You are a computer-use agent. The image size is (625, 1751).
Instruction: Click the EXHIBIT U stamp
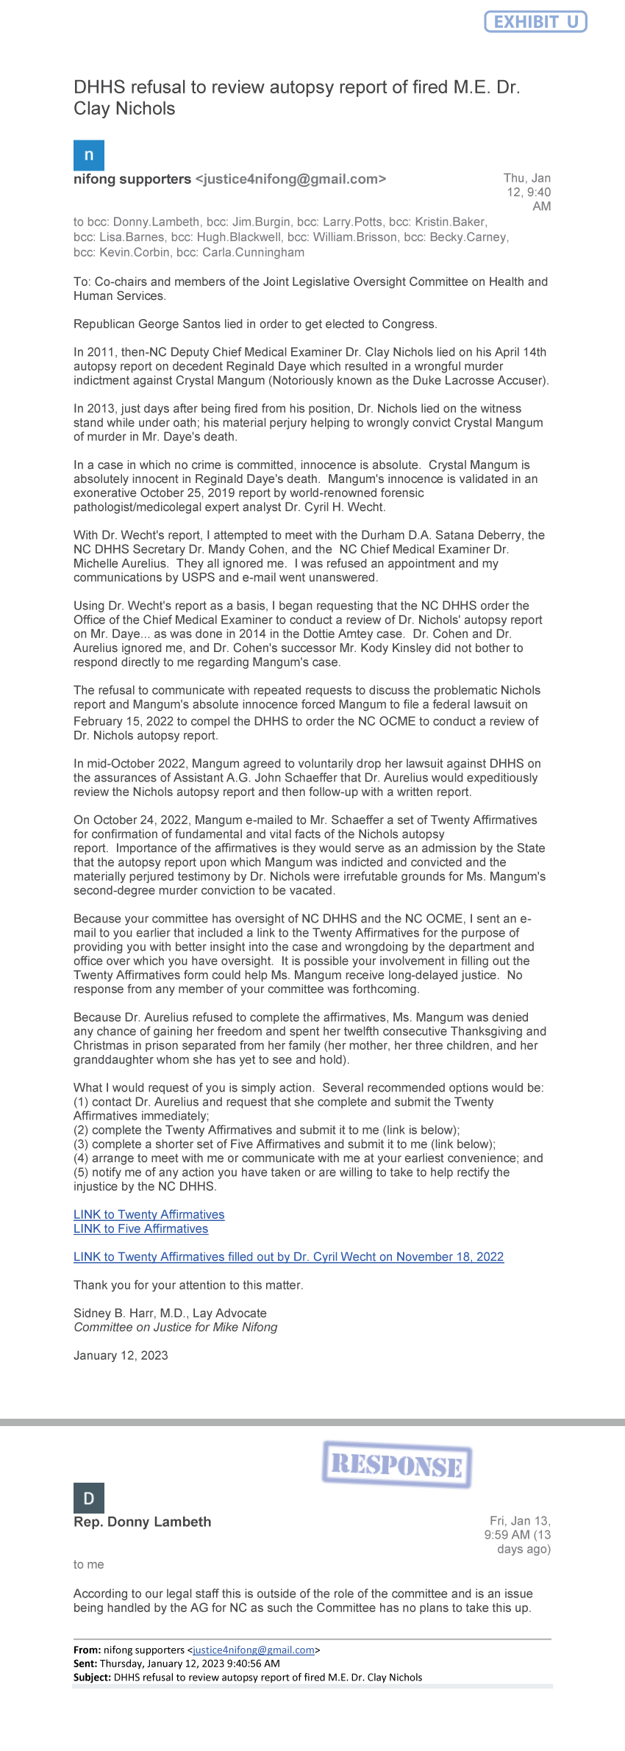[535, 22]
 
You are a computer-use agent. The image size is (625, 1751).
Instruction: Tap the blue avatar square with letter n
[89, 155]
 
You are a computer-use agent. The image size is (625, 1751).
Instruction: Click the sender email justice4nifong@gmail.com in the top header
[290, 179]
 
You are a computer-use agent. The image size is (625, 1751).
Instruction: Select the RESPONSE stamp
[397, 1465]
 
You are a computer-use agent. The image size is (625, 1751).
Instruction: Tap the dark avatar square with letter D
[89, 1498]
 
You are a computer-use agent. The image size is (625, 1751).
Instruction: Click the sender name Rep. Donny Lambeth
[142, 1522]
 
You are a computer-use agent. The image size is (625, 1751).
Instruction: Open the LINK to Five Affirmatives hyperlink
[140, 1228]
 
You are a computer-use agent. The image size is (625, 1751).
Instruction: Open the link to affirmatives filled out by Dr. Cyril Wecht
[288, 1256]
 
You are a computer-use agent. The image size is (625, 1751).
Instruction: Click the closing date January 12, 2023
[121, 1355]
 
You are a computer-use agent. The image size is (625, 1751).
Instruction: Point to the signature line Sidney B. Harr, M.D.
[170, 1313]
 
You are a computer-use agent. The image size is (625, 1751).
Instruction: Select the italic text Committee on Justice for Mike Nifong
[175, 1327]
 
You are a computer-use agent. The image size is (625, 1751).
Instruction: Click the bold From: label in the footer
[87, 1650]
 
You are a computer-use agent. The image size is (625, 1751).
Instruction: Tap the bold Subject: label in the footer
[92, 1677]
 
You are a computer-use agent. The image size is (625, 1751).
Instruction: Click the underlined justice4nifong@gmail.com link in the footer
[253, 1650]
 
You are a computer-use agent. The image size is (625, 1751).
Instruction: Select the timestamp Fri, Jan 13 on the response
[520, 1521]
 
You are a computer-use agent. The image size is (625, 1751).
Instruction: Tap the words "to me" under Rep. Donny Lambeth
[88, 1564]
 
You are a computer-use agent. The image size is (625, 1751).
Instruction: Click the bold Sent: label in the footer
[85, 1664]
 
